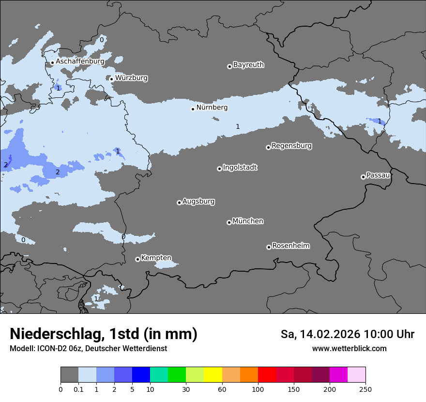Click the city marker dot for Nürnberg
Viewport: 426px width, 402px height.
[x=193, y=109]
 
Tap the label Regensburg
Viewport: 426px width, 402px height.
[x=291, y=145]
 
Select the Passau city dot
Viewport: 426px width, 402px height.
[x=363, y=177]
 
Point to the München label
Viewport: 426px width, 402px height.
[x=248, y=221]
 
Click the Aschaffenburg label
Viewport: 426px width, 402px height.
[x=80, y=62]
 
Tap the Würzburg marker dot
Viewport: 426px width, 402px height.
[x=111, y=79]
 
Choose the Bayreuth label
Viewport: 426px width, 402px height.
[x=248, y=64]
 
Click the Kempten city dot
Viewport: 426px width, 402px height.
[x=137, y=259]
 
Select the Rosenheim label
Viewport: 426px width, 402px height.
[x=290, y=246]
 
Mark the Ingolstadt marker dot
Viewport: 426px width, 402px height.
[x=219, y=169]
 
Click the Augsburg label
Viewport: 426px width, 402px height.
[x=198, y=201]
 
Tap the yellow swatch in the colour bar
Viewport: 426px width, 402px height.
[x=213, y=375]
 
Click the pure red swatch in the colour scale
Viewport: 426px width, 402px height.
[x=267, y=375]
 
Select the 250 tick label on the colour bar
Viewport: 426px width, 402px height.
[x=365, y=389]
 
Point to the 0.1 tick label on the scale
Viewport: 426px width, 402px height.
[x=78, y=389]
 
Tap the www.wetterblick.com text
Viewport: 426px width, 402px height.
[x=349, y=348]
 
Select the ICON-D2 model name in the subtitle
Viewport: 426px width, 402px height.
[x=49, y=348]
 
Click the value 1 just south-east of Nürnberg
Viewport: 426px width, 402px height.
[x=238, y=126]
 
